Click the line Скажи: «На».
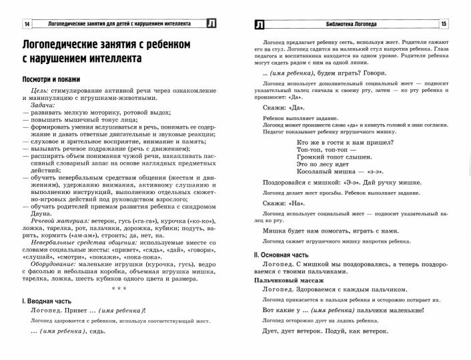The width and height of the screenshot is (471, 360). coord(283,202)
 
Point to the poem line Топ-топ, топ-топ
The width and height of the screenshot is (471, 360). coord(321,151)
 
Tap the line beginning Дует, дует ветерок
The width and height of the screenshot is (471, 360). coord(324,331)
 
